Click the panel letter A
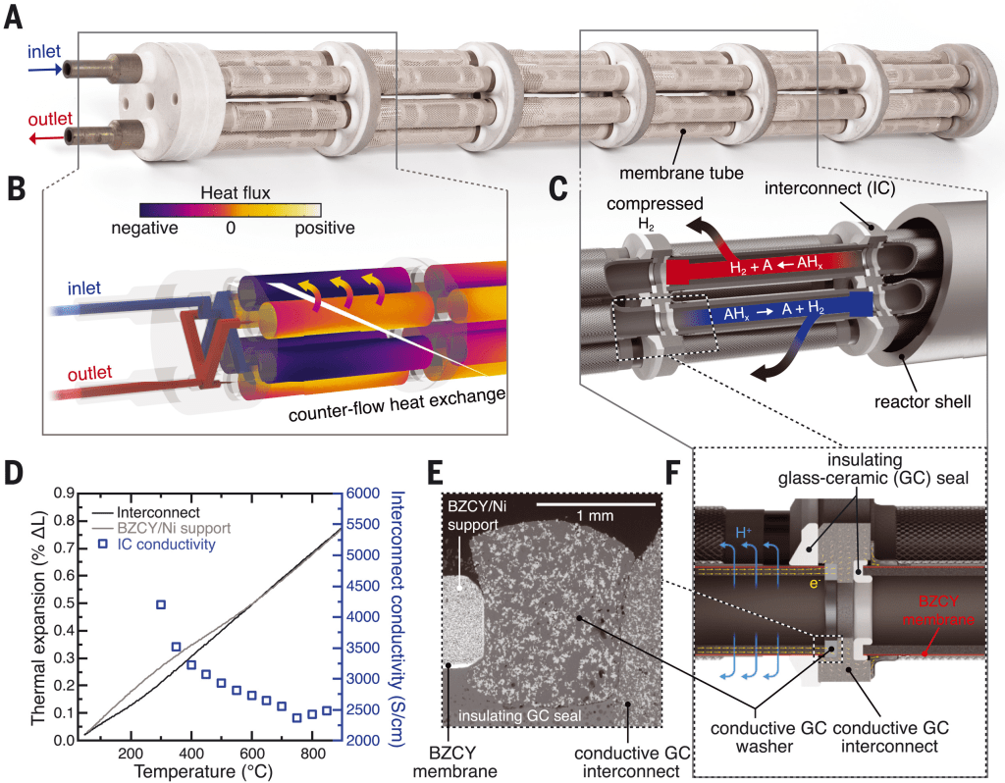point(16,18)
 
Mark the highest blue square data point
point(160,604)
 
